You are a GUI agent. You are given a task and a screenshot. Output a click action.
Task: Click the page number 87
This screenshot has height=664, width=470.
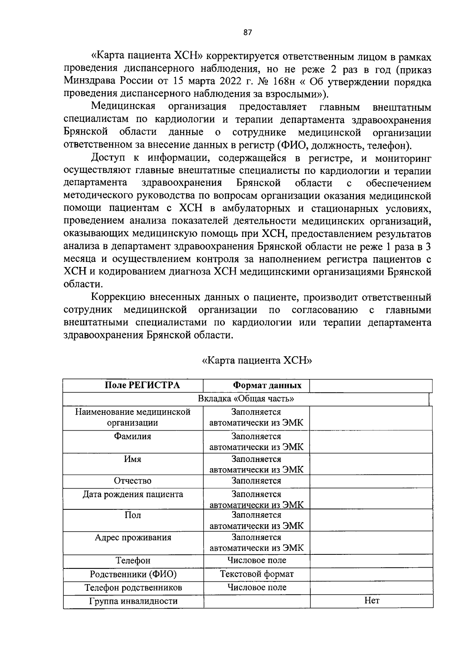coord(247,32)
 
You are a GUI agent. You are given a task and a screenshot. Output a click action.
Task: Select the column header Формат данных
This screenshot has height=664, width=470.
coord(267,385)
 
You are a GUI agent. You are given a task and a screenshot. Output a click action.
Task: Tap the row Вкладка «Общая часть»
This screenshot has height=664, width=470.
coord(246,399)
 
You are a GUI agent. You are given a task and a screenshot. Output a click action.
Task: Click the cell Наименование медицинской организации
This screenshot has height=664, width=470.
coord(133,417)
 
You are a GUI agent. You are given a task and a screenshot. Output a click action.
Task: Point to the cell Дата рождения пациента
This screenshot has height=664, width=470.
coord(133,494)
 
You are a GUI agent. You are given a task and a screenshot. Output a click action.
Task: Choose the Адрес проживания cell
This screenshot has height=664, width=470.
coord(133,537)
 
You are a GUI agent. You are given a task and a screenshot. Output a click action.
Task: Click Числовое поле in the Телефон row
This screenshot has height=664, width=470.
coord(257,560)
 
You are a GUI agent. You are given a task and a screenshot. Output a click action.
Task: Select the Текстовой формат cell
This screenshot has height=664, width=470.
coord(257,574)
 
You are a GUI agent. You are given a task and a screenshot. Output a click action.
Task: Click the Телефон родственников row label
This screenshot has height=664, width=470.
coord(133,588)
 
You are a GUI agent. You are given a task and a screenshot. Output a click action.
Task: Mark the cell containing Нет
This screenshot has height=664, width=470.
coord(371,601)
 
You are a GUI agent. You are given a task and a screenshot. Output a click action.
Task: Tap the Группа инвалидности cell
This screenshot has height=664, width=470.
coord(133,601)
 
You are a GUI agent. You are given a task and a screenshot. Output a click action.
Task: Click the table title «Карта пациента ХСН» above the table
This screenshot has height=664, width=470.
coord(257,360)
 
